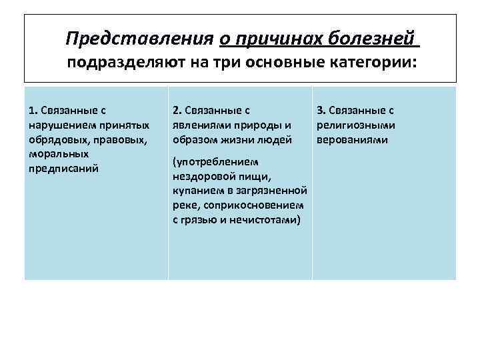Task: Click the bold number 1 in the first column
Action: point(33,109)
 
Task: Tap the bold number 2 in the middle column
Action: point(176,109)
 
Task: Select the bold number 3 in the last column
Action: point(320,109)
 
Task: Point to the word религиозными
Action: point(357,124)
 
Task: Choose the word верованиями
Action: point(353,140)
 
